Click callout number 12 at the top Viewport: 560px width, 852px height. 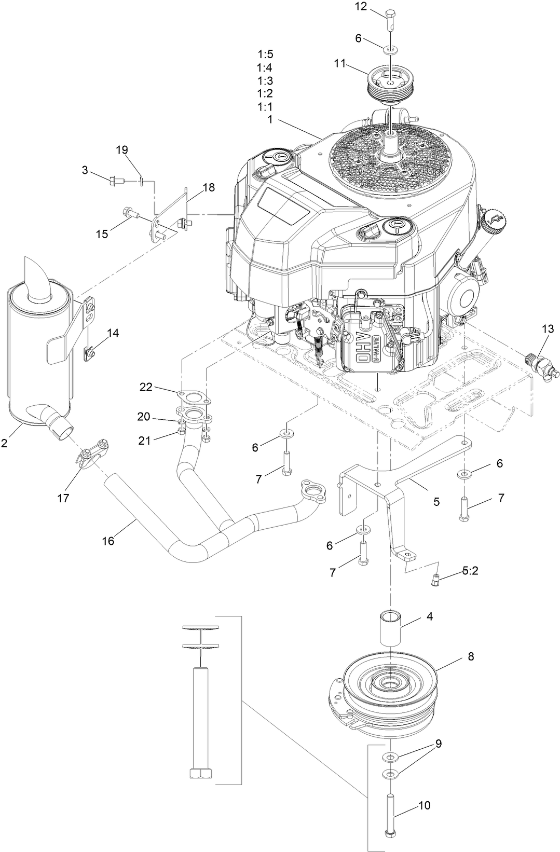pyautogui.click(x=375, y=7)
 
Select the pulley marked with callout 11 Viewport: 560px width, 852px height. pyautogui.click(x=388, y=84)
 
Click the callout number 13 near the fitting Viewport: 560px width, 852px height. pyautogui.click(x=548, y=329)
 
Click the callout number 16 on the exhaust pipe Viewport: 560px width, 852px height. pyautogui.click(x=108, y=540)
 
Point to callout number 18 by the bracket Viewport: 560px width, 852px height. pyautogui.click(x=209, y=188)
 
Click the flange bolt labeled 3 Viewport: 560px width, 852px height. pyautogui.click(x=114, y=181)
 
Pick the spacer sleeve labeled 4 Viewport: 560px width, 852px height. pyautogui.click(x=391, y=628)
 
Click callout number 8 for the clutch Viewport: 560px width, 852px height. pyautogui.click(x=470, y=656)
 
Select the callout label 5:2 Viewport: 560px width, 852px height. pyautogui.click(x=471, y=572)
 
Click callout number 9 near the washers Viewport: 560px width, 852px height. pyautogui.click(x=439, y=743)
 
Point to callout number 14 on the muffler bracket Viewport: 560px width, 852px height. pyautogui.click(x=113, y=333)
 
